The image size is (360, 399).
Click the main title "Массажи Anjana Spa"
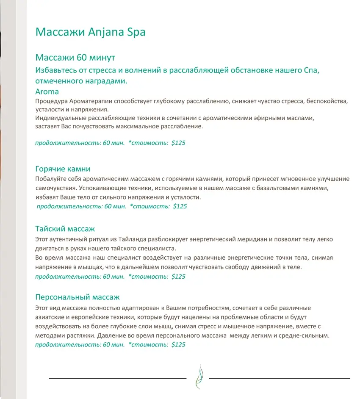tap(90, 32)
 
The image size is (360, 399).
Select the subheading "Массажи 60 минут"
tap(75, 57)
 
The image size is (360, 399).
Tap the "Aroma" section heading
tap(47, 91)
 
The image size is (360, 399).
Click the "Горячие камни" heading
tap(63, 169)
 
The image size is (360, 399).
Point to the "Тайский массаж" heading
tap(65, 229)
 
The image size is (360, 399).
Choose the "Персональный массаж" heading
tap(78, 297)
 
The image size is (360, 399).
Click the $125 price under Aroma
tap(178, 143)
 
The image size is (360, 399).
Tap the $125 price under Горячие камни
tap(180, 206)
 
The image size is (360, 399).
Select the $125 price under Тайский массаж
tap(178, 277)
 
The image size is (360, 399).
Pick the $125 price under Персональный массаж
tap(178, 344)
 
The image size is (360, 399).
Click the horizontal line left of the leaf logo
tap(118, 377)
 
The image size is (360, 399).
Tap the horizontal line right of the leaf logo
tap(280, 377)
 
